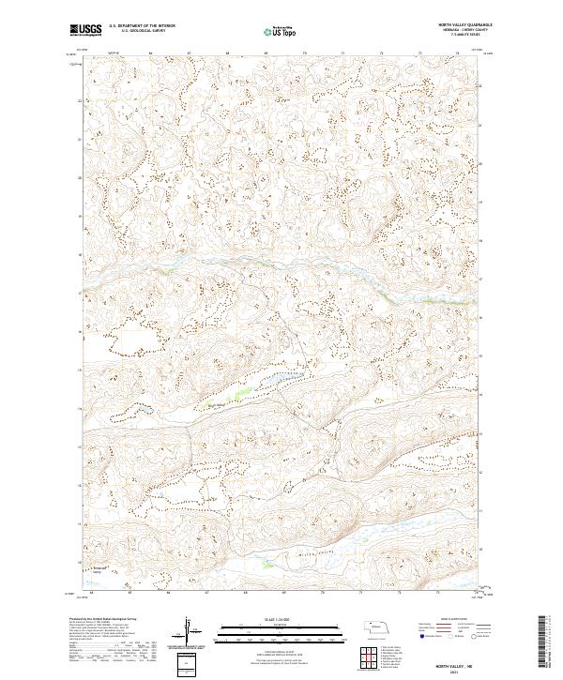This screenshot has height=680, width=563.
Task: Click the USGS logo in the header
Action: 86,30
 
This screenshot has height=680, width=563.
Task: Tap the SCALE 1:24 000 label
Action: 281,618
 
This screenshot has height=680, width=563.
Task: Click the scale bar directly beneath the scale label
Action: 281,626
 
